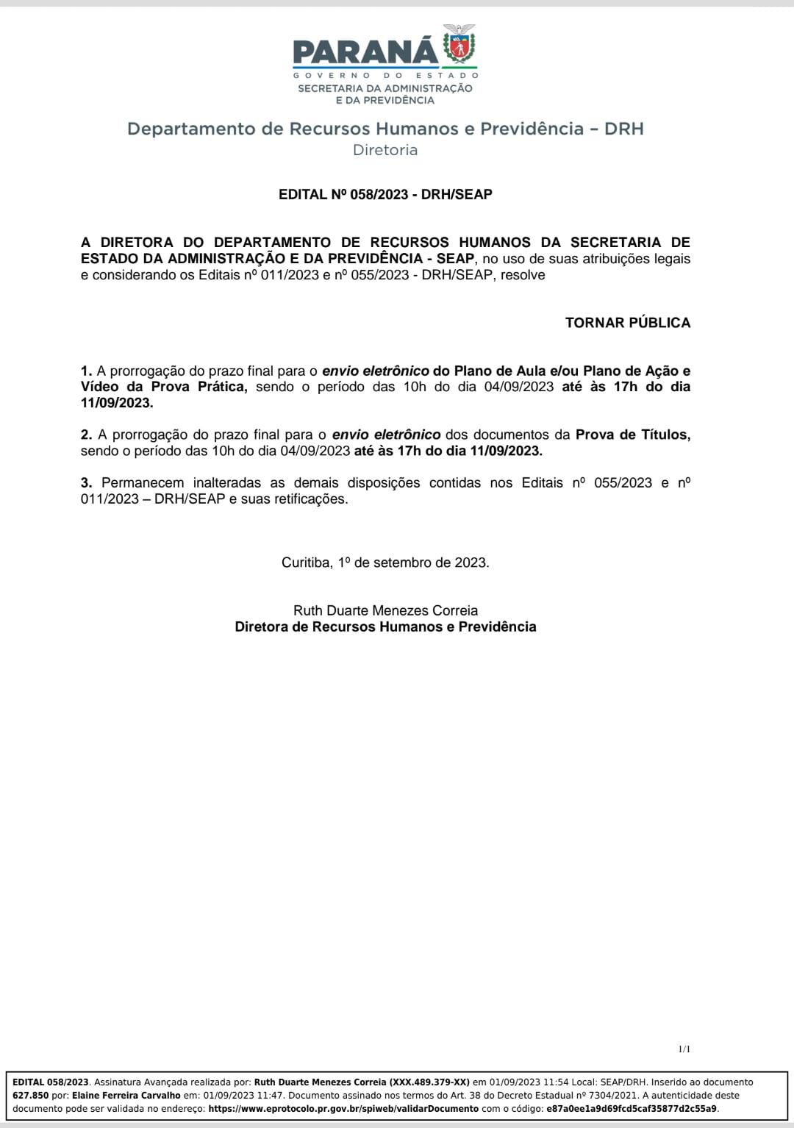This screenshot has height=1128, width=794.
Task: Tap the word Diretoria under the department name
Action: (x=385, y=150)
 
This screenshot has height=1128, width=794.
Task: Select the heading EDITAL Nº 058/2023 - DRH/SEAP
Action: (x=385, y=195)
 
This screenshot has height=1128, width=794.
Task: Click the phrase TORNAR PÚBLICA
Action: (x=627, y=323)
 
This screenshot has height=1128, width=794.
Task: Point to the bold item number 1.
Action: (x=86, y=371)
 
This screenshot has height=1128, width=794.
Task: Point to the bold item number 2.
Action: (x=86, y=435)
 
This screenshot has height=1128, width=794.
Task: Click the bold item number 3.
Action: (x=86, y=483)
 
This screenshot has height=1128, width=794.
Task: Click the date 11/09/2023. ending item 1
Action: (x=117, y=403)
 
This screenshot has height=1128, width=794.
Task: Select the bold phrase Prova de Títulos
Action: (x=632, y=435)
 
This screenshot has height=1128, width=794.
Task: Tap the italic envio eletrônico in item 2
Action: (x=386, y=435)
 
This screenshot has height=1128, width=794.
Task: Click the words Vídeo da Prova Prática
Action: (x=163, y=388)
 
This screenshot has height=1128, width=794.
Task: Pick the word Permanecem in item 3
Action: (x=143, y=483)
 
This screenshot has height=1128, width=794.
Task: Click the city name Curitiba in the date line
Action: (x=306, y=563)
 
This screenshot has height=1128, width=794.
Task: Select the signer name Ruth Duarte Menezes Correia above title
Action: (x=385, y=610)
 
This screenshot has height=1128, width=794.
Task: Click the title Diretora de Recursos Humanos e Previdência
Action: (x=385, y=627)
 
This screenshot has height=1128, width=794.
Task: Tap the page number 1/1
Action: (x=684, y=1049)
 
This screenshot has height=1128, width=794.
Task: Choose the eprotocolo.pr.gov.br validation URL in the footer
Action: (x=343, y=1109)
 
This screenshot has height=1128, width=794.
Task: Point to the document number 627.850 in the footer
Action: (x=31, y=1096)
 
